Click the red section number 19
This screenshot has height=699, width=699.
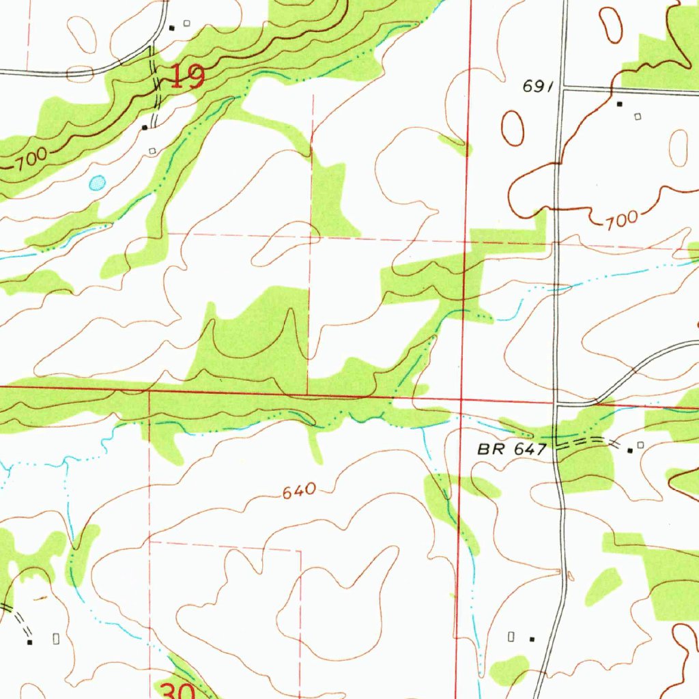coord(186,76)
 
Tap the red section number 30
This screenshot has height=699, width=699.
coord(178,690)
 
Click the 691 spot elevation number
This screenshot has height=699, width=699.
coord(537,87)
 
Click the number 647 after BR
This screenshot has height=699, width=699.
coord(533,450)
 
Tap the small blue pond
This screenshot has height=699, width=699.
coord(98,182)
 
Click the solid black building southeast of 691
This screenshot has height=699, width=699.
coord(620,104)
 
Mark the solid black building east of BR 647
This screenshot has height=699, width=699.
coord(630,449)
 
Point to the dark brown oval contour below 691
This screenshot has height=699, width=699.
coord(513,127)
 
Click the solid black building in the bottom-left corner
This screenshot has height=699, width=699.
coord(29,642)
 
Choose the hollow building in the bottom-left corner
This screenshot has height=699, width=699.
coord(56,638)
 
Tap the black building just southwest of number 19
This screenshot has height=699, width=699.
coord(145,127)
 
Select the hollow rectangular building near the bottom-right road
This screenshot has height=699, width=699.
coord(511,636)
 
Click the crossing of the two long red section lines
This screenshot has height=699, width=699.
coord(461,399)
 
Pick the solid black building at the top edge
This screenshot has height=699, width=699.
coord(172,27)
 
